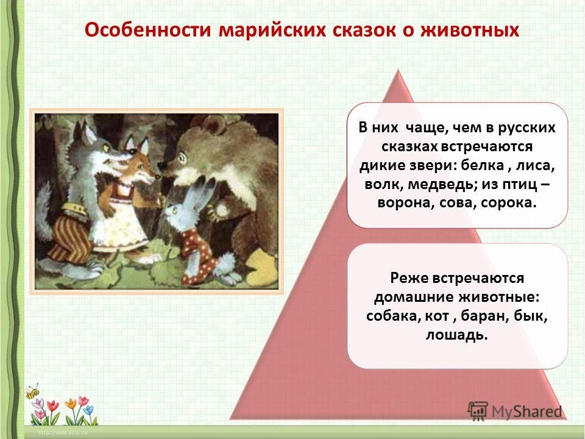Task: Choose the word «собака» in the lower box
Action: click(394, 316)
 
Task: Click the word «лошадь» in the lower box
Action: click(457, 335)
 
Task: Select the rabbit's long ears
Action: click(202, 194)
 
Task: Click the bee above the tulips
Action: click(33, 391)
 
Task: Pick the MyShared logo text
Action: click(526, 412)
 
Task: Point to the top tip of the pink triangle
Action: click(399, 70)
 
